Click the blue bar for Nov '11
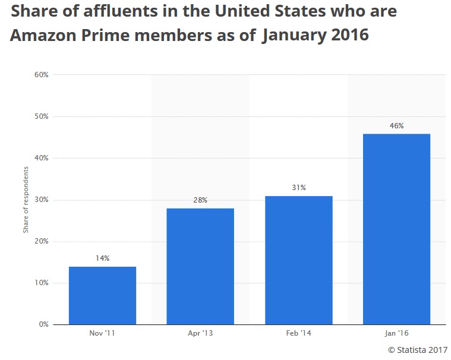pos(102,295)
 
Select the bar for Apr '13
pos(200,266)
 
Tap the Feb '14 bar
pos(298,260)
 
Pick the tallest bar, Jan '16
pos(396,229)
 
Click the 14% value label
pos(102,258)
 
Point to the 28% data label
pos(200,200)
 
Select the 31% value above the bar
pos(298,188)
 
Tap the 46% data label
pos(396,125)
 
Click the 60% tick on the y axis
pos(41,75)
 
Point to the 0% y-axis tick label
pos(43,324)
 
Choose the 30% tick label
pos(41,200)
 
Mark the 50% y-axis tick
pos(41,116)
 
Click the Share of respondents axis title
pos(26,200)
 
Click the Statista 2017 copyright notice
pos(418,350)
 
